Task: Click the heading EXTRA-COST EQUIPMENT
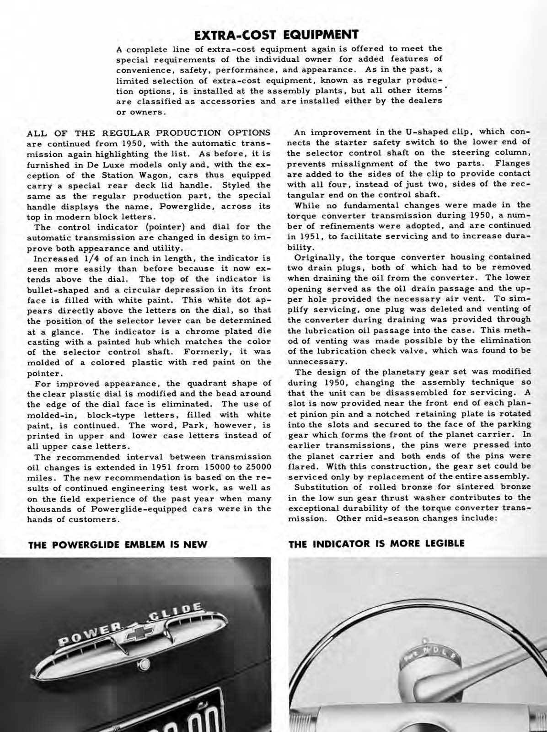tap(276, 35)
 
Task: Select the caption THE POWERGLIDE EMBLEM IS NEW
tap(118, 545)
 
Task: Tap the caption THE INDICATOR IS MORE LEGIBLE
tap(377, 544)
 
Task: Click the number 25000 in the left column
tap(257, 467)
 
